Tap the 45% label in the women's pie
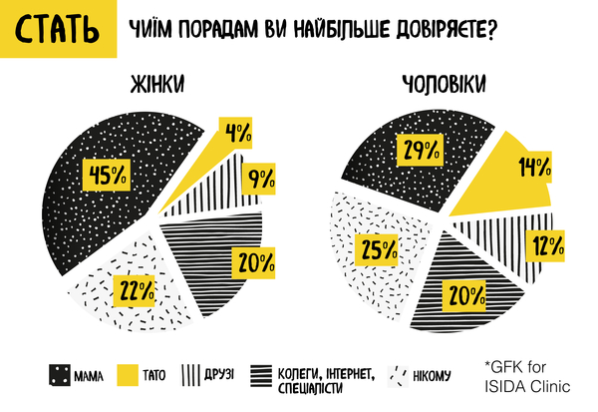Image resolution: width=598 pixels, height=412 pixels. (107, 174)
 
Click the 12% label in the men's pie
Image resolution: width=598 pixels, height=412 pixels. (547, 244)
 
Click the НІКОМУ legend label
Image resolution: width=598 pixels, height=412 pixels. (431, 376)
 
